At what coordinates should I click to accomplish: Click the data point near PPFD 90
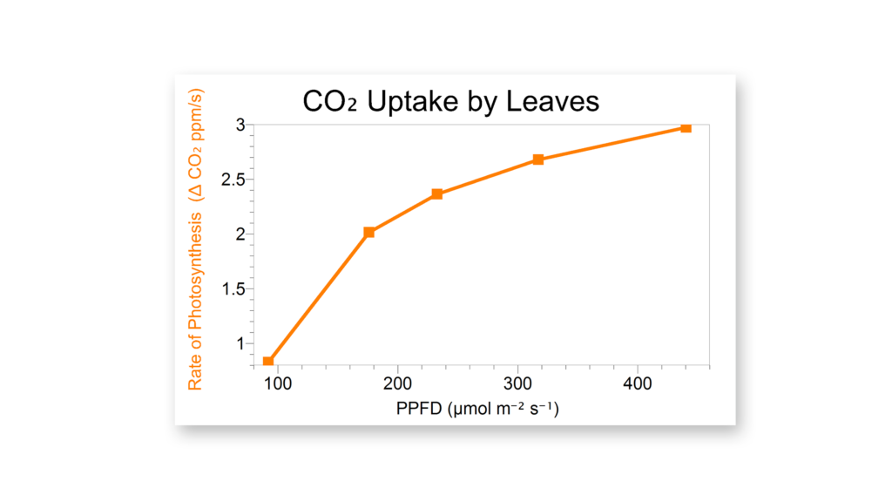[x=268, y=361]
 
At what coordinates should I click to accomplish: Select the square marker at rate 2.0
[x=369, y=232]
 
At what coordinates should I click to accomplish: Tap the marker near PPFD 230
[x=437, y=193]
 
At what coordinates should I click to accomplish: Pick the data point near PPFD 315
[x=538, y=159]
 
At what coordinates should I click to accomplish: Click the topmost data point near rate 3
[x=686, y=128]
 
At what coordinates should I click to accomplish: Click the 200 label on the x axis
[x=398, y=384]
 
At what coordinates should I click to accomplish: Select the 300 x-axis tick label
[x=518, y=384]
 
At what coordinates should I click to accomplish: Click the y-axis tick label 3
[x=239, y=125]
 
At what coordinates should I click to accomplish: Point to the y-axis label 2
[x=239, y=234]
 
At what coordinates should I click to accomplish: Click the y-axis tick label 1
[x=239, y=343]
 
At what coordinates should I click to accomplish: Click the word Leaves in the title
[x=555, y=101]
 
